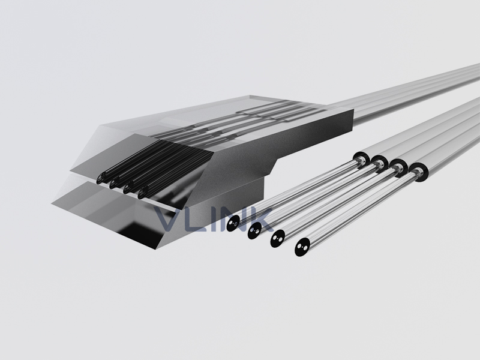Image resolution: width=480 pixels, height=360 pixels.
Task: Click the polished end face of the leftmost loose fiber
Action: (x=233, y=223)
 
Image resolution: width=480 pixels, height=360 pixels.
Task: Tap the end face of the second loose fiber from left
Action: (x=254, y=230)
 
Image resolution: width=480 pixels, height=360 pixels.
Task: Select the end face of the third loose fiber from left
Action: (x=278, y=238)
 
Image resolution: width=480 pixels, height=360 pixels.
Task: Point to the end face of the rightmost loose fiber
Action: (x=302, y=247)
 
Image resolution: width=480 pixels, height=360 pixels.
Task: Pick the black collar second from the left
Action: (x=380, y=163)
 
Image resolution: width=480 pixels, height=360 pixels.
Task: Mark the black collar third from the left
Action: (x=398, y=167)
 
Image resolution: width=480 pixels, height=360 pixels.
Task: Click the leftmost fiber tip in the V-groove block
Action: (x=100, y=178)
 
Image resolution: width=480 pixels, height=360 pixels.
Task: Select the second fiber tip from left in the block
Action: (x=113, y=183)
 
